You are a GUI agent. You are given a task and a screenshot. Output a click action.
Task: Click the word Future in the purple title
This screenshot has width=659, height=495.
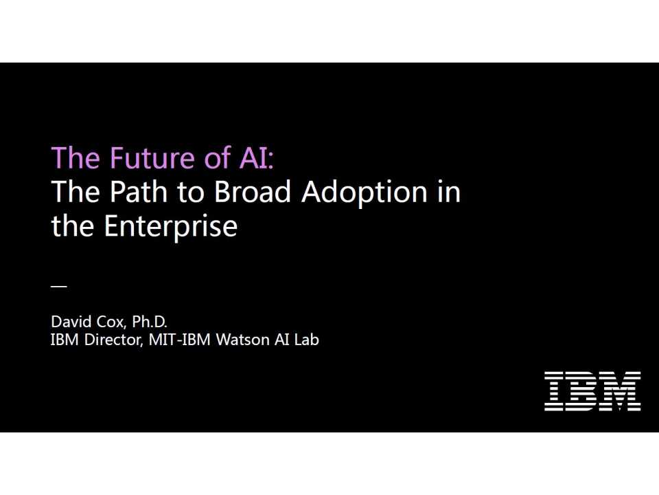tap(141, 157)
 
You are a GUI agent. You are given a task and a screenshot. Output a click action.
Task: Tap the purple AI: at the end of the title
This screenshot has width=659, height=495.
tap(255, 157)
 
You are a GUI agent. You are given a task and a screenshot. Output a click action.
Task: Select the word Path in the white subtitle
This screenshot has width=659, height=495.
tap(131, 192)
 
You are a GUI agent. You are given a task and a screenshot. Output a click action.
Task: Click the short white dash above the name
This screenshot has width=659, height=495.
tap(59, 286)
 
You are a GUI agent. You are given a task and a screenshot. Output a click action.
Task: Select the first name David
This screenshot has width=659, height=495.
tap(69, 322)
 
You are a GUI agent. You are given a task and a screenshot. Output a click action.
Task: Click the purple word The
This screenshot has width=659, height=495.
tap(76, 157)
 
